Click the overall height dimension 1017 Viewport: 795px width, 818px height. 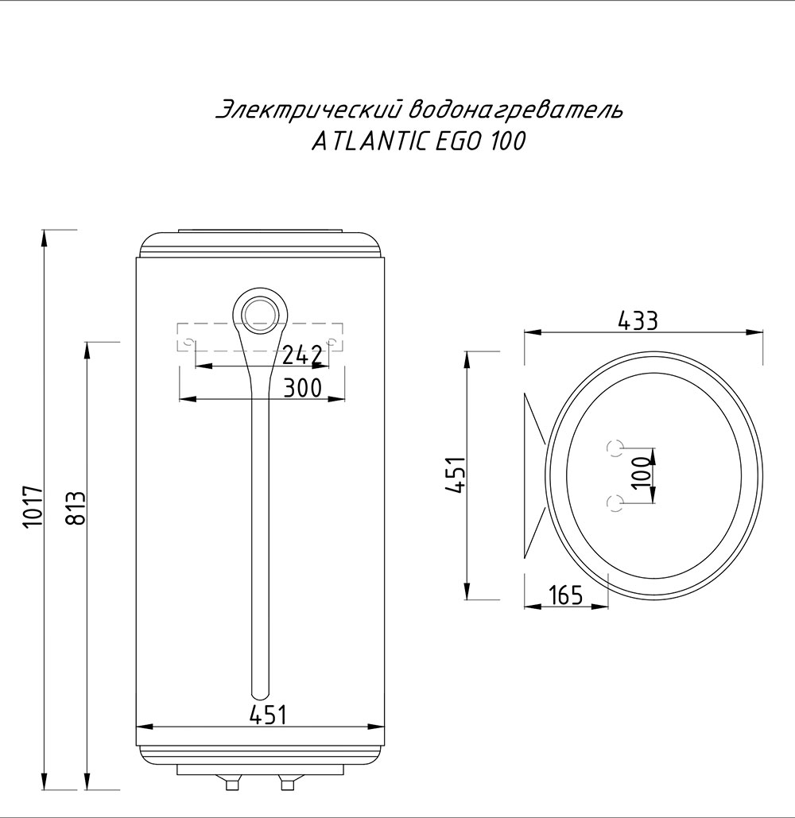coord(31,506)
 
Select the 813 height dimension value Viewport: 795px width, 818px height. coord(76,509)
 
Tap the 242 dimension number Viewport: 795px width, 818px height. coord(303,355)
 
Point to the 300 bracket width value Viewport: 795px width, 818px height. coord(303,387)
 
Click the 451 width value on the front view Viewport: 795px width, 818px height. coord(267,715)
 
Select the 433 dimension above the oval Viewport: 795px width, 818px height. coord(638,320)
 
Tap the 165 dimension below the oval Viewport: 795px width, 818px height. coord(565,595)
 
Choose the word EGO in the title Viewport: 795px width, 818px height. coord(456,142)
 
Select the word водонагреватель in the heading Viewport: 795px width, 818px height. coord(518,110)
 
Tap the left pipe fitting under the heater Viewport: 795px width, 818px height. coord(232,784)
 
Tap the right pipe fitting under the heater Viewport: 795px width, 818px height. coord(287,784)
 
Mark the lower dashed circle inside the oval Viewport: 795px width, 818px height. coord(615,502)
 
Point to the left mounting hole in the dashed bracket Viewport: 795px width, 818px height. coord(189,343)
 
